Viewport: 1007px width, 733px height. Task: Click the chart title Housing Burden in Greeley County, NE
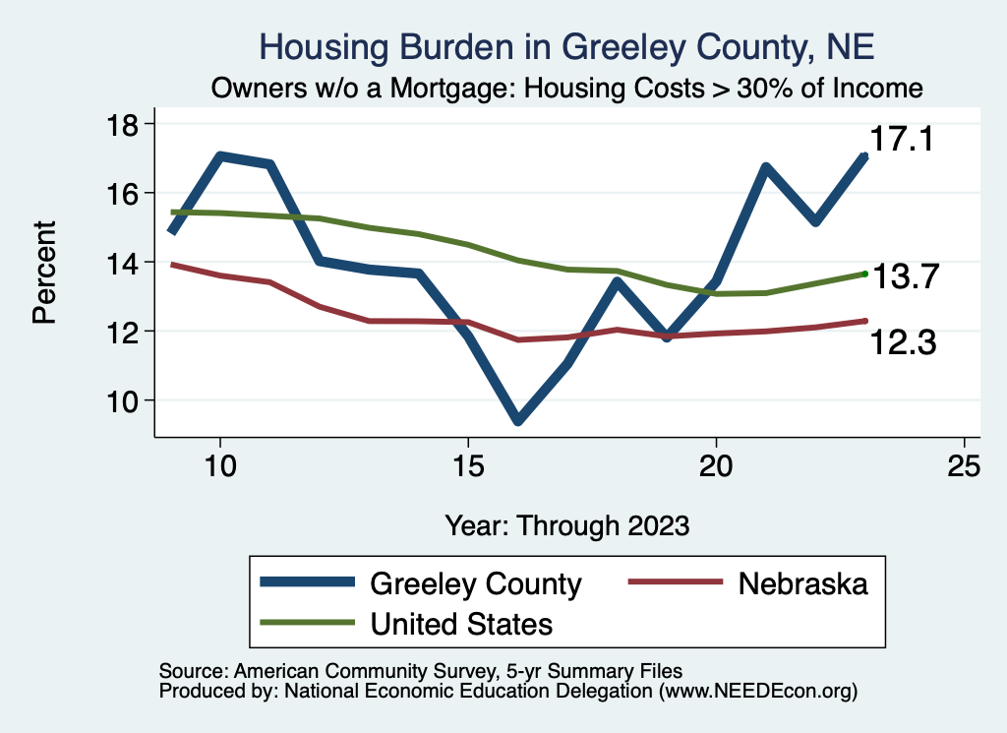[565, 46]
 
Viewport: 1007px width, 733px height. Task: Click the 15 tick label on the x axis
[468, 466]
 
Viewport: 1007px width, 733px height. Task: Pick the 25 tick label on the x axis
[964, 466]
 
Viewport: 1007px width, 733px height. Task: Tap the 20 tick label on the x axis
[716, 466]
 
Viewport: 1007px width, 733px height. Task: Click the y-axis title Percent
[43, 272]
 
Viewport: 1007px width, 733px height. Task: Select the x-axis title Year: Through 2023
[566, 524]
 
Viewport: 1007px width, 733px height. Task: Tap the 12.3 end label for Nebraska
[902, 342]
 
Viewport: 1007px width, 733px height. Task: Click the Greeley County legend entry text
[475, 583]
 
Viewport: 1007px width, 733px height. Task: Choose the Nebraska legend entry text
[803, 583]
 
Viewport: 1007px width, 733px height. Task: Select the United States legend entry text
[461, 623]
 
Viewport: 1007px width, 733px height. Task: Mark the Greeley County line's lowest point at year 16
[517, 420]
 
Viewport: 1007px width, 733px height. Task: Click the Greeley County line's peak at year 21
[765, 168]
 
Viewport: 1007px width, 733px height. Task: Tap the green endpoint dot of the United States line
[864, 274]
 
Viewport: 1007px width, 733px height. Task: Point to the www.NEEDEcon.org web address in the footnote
[757, 692]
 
